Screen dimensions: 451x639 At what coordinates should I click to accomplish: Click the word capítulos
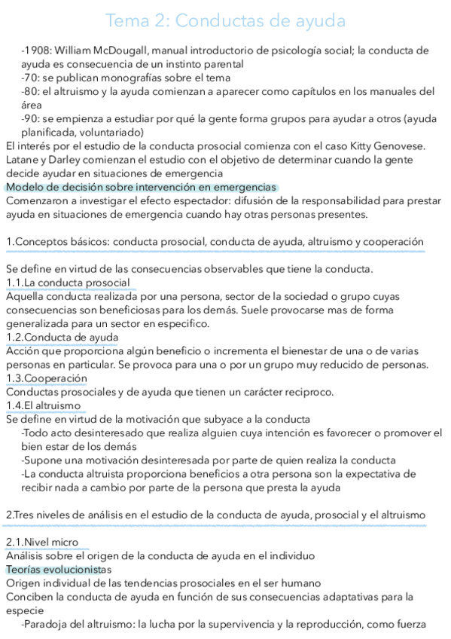click(313, 92)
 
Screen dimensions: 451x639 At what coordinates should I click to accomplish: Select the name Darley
click(72, 160)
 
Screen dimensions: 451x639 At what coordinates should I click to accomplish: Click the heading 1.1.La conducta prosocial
click(68, 283)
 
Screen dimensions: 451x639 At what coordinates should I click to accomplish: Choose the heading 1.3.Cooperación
click(47, 378)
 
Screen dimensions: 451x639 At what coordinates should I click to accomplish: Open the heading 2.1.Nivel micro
click(42, 542)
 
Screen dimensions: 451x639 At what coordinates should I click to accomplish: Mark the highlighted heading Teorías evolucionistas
click(58, 569)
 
